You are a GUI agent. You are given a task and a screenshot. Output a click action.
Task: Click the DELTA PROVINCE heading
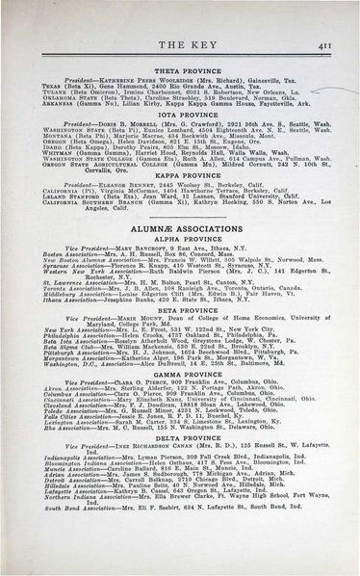click(181, 493)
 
